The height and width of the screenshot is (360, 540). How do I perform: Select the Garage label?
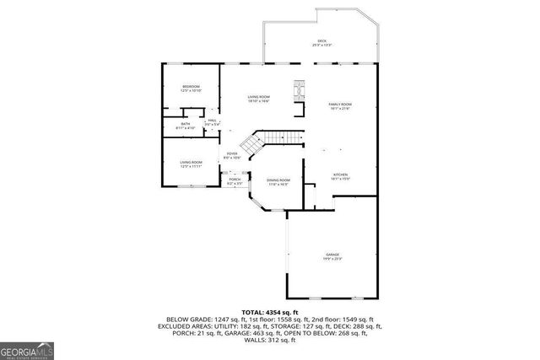(332, 256)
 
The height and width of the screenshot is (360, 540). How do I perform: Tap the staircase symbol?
(270, 140)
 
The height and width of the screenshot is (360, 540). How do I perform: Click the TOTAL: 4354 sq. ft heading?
(270, 312)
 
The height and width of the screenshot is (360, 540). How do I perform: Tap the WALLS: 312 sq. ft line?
(270, 341)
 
